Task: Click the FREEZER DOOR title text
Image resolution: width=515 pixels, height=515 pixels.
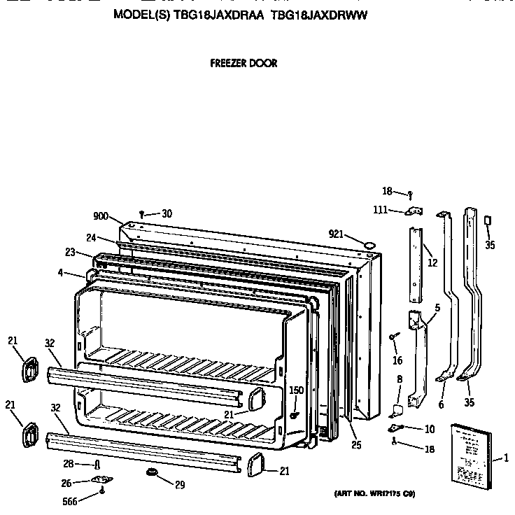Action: tap(244, 63)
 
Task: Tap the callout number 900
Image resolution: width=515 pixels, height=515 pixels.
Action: tap(101, 216)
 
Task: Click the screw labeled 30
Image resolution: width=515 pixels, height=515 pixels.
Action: tap(142, 213)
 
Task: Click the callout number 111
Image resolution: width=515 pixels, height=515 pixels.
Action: tap(381, 210)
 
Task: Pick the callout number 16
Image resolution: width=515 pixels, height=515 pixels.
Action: tap(397, 361)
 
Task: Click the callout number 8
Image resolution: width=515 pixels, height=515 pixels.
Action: tap(399, 379)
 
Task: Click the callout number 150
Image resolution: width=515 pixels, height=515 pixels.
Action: tap(296, 390)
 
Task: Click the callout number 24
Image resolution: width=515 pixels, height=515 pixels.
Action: tap(90, 237)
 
